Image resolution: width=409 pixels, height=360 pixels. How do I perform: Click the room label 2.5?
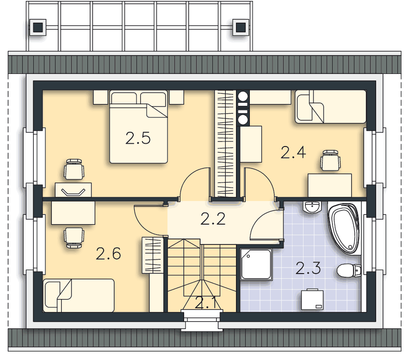click(138, 138)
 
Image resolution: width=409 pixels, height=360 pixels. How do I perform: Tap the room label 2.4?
click(293, 153)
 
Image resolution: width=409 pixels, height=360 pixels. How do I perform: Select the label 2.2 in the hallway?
click(213, 219)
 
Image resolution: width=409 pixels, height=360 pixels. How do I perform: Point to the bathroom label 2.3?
click(308, 268)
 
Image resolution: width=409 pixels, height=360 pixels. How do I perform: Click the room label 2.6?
click(108, 254)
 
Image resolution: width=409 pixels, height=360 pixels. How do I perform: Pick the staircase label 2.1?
click(205, 303)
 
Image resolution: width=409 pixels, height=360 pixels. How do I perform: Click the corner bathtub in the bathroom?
click(344, 229)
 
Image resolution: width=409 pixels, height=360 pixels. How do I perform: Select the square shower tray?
click(256, 264)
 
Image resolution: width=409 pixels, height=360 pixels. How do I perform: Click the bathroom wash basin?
click(312, 207)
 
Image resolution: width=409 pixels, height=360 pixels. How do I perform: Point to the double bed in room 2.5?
click(138, 127)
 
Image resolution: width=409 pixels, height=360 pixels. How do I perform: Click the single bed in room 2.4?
click(330, 107)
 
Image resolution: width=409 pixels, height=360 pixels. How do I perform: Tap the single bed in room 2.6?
click(79, 295)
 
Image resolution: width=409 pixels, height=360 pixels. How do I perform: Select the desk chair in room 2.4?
click(330, 160)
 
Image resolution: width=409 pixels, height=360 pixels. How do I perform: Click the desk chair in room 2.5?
click(74, 169)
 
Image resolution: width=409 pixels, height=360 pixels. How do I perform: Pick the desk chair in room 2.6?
click(74, 238)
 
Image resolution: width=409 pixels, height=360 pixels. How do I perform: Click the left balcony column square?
click(38, 27)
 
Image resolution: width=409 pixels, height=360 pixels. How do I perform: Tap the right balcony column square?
click(241, 27)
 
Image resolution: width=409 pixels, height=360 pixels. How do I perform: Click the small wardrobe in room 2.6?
click(153, 255)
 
